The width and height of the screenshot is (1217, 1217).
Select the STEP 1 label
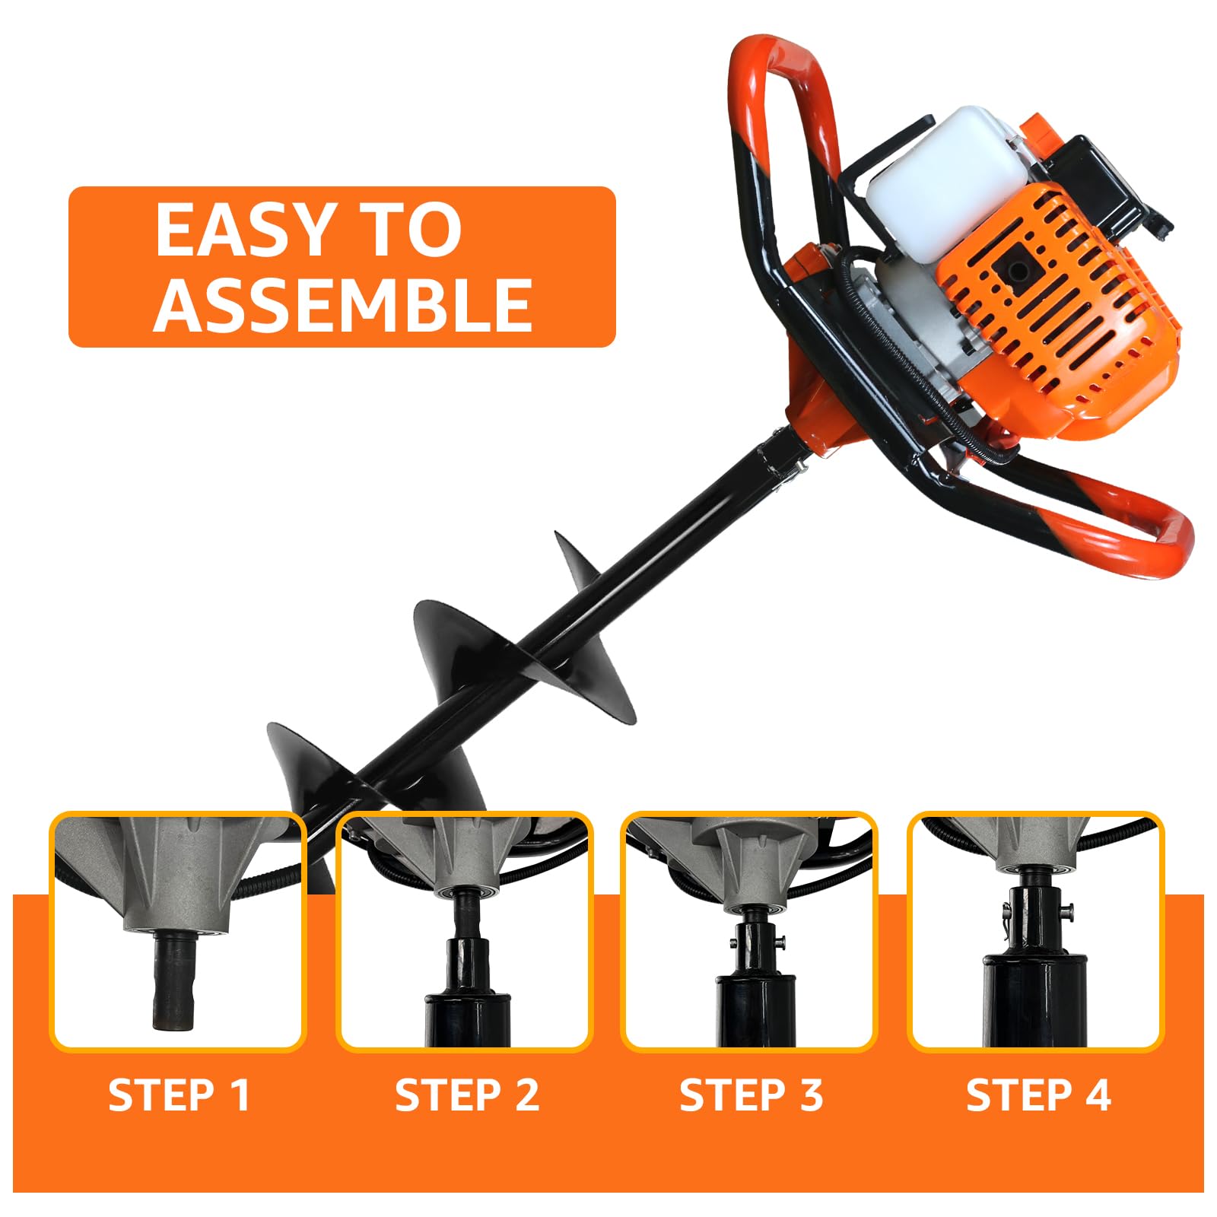[x=180, y=1095]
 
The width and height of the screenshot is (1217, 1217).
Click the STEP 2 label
[x=466, y=1095]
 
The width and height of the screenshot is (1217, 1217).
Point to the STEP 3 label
[x=751, y=1095]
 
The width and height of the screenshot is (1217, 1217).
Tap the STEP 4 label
[x=1038, y=1095]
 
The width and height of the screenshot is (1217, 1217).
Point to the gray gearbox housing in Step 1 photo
[x=175, y=875]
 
